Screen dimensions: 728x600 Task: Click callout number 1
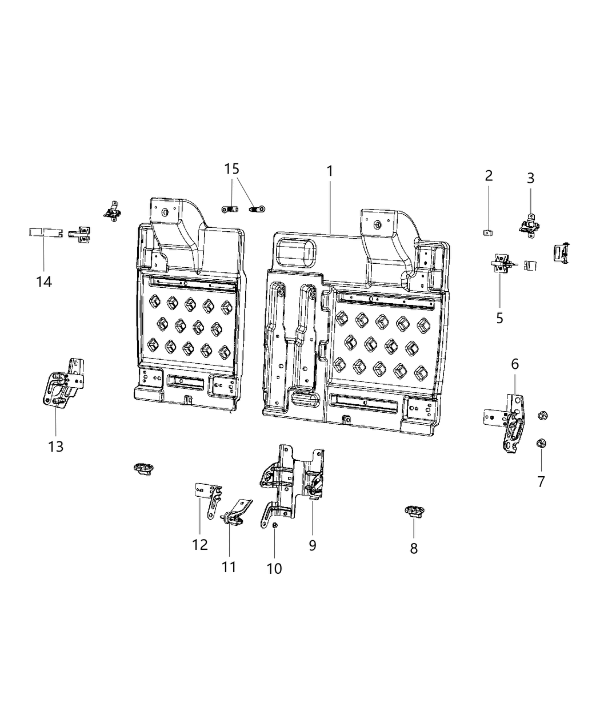330,171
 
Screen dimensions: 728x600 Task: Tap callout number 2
489,175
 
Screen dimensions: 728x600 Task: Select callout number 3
530,178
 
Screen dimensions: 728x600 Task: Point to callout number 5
499,318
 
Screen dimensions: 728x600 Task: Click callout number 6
514,364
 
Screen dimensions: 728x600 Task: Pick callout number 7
541,481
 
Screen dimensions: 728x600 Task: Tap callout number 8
414,548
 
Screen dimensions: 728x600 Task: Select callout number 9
313,545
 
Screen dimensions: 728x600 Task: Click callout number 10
274,568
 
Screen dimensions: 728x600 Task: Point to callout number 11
229,566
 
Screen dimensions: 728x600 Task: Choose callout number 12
200,545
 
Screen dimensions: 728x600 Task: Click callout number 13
56,446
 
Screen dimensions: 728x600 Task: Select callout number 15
231,169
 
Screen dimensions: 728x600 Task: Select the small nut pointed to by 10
275,525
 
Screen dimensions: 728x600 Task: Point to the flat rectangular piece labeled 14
45,232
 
